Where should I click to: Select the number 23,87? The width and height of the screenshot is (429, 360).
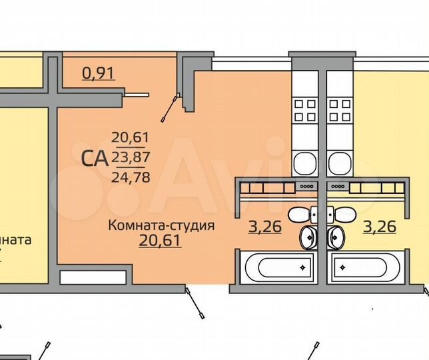tap(131, 158)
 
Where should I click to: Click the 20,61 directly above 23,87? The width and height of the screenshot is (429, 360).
tap(131, 138)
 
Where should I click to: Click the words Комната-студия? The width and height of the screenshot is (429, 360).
tap(161, 225)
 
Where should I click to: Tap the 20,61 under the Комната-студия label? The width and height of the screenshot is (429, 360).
tap(160, 239)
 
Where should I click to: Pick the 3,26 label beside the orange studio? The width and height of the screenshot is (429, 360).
tap(264, 227)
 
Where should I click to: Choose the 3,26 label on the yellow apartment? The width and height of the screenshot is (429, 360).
tap(380, 227)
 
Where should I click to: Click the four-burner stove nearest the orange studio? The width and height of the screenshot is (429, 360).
tap(306, 110)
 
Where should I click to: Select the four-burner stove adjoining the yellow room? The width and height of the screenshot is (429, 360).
tap(340, 110)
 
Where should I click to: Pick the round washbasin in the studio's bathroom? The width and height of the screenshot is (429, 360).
tap(310, 236)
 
